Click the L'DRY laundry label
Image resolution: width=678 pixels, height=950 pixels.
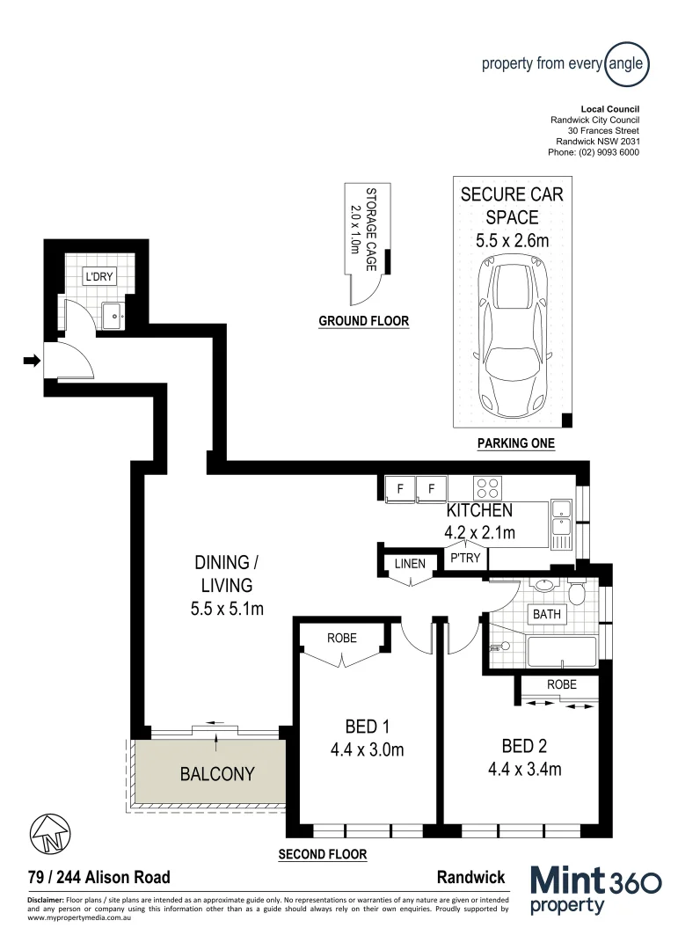pos(97,278)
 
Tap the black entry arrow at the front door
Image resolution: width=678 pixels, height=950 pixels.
pos(31,360)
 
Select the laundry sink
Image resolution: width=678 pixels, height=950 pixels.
pos(114,314)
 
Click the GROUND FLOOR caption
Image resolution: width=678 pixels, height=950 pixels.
pos(363,321)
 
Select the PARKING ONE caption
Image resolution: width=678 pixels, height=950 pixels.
pos(515,443)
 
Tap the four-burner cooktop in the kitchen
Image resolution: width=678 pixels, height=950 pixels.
pos(487,487)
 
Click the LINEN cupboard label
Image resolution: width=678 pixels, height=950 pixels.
pos(410,564)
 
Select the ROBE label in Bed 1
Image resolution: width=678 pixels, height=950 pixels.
pos(342,638)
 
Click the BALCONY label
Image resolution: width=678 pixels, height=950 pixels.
pos(217,774)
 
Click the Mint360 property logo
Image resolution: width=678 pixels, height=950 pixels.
pos(595,889)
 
